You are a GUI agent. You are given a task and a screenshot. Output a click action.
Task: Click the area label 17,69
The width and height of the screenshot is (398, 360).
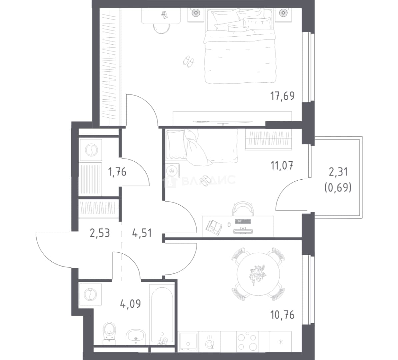point(282,96)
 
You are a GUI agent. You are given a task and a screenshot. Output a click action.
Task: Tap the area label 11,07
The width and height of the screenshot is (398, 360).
point(282,166)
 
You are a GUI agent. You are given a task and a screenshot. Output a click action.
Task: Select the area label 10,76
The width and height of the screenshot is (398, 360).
point(282,315)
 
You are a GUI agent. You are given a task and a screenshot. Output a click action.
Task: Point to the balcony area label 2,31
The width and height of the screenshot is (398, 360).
point(338,172)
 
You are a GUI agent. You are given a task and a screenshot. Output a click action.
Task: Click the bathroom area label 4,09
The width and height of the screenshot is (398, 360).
point(130,304)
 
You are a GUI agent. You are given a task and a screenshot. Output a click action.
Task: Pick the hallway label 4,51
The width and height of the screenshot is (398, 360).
point(142,233)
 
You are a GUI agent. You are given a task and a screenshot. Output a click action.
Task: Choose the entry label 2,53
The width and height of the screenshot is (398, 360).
point(100,233)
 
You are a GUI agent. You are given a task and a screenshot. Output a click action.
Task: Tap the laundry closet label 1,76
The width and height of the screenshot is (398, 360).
point(117,172)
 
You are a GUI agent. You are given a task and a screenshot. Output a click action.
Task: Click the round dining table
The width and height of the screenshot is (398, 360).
point(258,274)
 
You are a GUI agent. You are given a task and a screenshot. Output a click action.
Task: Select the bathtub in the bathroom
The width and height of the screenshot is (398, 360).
point(162,314)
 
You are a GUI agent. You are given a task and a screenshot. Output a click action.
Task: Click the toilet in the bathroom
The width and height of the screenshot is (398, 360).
point(110,333)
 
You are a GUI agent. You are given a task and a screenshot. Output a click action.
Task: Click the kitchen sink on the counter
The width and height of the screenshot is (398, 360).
point(188,342)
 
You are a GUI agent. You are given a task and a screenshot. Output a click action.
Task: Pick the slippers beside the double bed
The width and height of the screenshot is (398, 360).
point(189,61)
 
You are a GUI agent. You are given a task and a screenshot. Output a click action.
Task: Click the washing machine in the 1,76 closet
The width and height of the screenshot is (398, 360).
point(91,150)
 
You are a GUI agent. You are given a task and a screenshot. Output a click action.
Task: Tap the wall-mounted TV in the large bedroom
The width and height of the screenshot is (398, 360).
point(223,122)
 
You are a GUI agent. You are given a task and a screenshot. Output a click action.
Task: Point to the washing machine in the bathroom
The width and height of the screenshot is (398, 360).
point(90,294)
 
